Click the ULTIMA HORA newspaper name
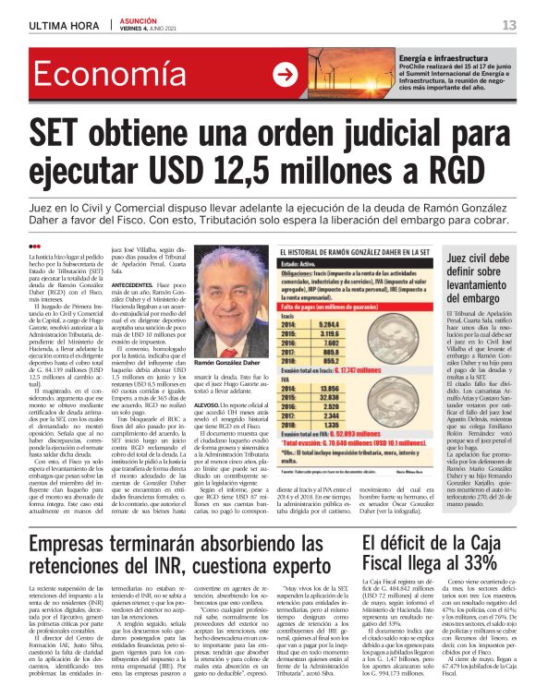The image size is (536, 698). coord(63,25)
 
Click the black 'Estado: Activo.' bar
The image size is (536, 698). coord(319,264)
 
